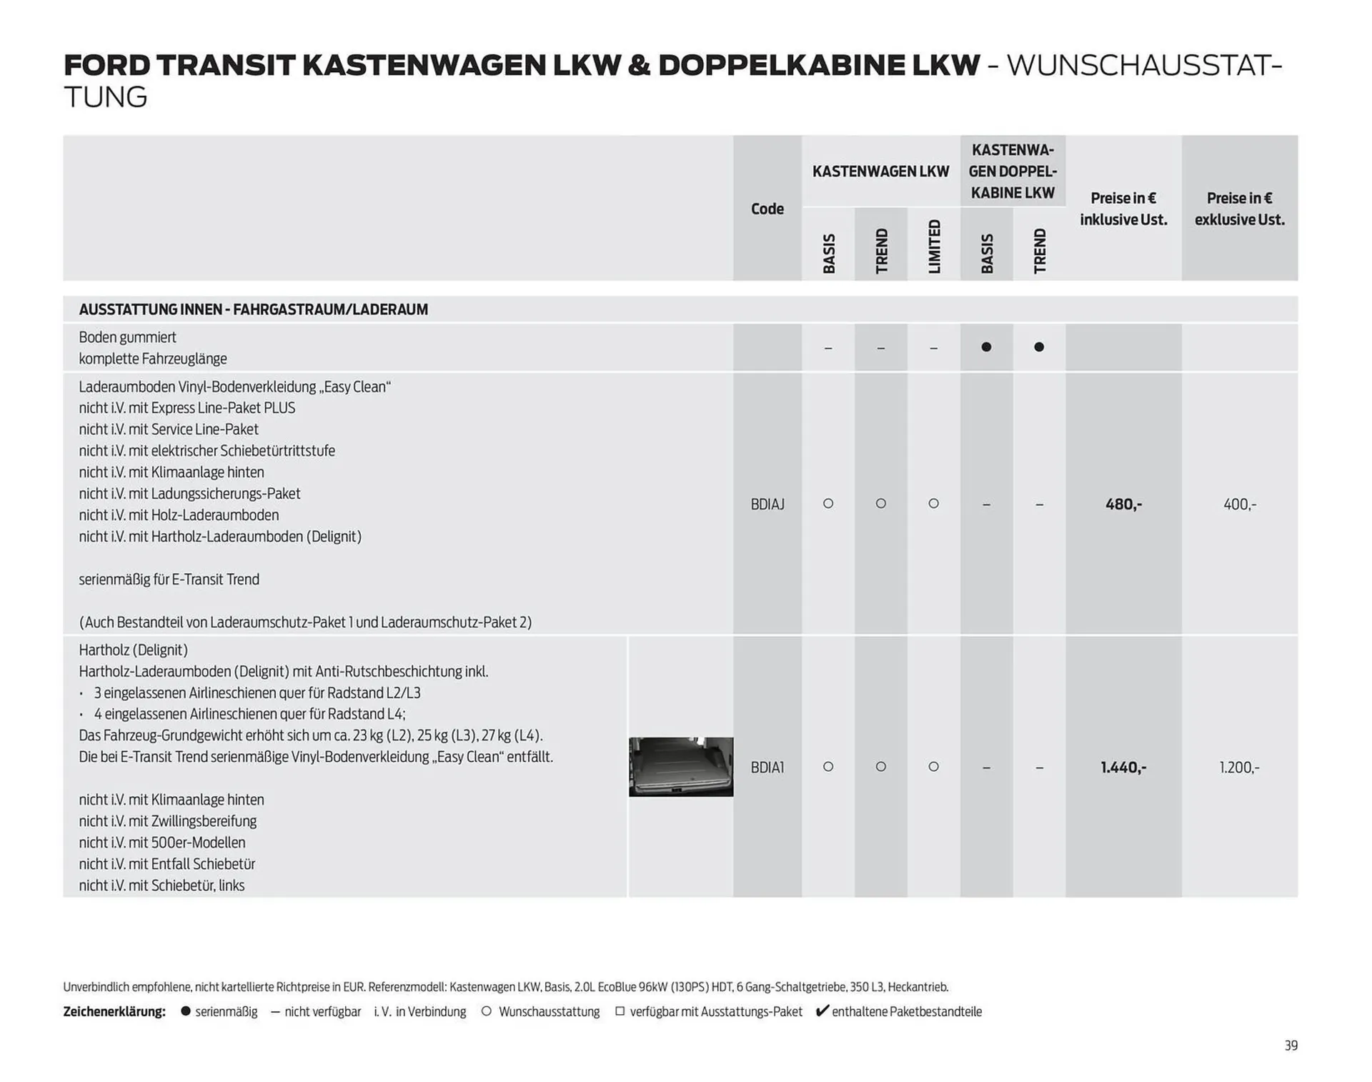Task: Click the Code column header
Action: click(767, 209)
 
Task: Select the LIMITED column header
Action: click(934, 246)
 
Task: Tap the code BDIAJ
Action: click(767, 505)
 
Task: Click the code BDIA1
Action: click(767, 768)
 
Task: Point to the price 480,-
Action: click(1123, 505)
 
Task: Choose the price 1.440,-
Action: click(1123, 768)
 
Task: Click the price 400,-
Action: click(1239, 505)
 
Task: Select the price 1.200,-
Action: click(1239, 768)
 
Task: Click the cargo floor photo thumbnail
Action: click(680, 767)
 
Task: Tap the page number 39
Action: click(1291, 1046)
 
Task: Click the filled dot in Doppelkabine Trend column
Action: click(1039, 347)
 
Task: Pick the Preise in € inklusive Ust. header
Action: click(1123, 209)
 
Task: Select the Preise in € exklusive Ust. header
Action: click(1239, 209)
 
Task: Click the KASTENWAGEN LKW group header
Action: click(880, 172)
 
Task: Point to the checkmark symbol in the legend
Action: click(822, 1011)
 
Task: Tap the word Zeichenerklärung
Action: click(114, 1012)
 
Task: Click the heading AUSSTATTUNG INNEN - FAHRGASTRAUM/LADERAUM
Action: click(253, 309)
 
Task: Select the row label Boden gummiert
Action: click(127, 337)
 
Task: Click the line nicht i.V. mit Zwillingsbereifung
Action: click(167, 821)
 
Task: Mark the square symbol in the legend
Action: click(620, 1011)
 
